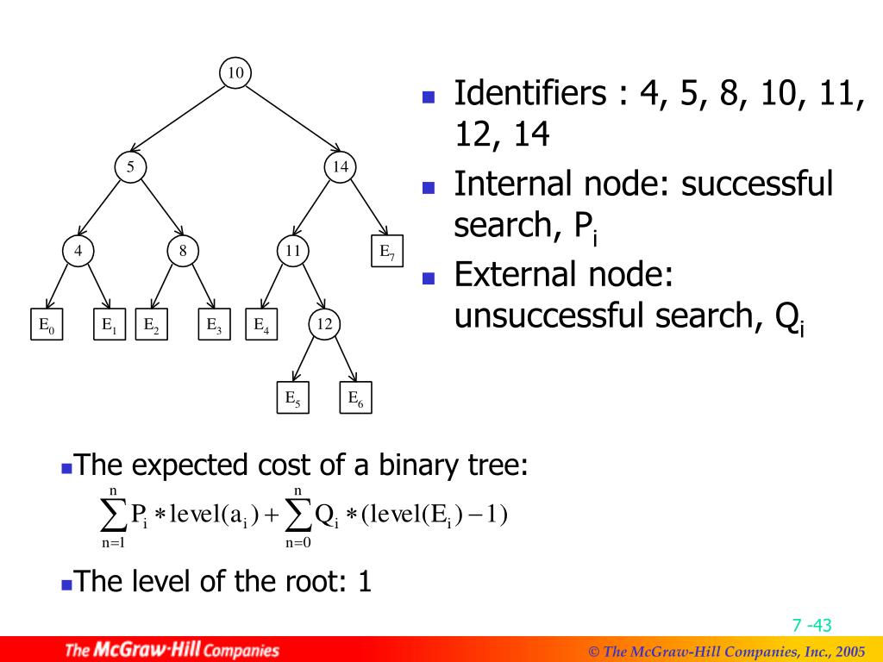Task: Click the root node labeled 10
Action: click(235, 73)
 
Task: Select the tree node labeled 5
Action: click(130, 167)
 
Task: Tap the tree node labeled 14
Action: click(341, 167)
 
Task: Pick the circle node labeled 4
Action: click(78, 252)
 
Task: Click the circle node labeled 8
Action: click(183, 252)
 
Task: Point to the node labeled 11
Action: click(293, 252)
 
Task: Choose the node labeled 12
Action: click(324, 324)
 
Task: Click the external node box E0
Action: click(46, 325)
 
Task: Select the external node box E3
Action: click(214, 325)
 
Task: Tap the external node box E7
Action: click(387, 252)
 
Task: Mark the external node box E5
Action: click(292, 397)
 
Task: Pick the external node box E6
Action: click(354, 397)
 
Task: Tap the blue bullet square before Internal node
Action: click(428, 186)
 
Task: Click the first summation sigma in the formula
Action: click(113, 516)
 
